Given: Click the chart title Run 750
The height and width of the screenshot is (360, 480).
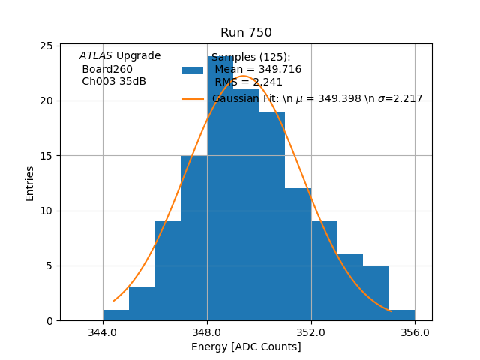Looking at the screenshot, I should (x=246, y=33).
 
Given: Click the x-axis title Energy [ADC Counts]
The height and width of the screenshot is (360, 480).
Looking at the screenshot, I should (x=246, y=346).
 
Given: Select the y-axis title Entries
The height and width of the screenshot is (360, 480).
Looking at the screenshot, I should (x=30, y=183).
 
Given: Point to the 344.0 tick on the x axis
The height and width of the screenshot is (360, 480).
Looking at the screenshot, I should (x=103, y=331).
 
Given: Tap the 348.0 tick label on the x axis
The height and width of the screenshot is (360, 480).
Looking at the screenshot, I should (x=207, y=331).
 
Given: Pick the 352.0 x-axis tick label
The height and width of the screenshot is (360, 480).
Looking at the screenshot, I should (x=310, y=331).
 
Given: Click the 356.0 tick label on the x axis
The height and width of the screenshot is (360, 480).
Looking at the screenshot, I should (x=415, y=331).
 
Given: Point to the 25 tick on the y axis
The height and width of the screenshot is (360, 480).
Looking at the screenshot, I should (x=46, y=46).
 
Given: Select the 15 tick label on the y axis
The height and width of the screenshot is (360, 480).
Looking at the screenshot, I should (x=46, y=156).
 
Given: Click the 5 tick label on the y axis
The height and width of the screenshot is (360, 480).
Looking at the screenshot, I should (x=49, y=265).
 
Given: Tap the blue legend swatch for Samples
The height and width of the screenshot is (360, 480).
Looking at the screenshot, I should (x=193, y=70).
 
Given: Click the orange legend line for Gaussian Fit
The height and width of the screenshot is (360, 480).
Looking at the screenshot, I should (x=193, y=99).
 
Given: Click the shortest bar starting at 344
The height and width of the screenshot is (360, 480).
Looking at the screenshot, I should (x=116, y=315).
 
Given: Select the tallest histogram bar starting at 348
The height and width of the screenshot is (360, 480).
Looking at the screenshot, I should (x=220, y=187).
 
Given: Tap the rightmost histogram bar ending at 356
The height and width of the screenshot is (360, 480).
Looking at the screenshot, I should (x=402, y=315).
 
